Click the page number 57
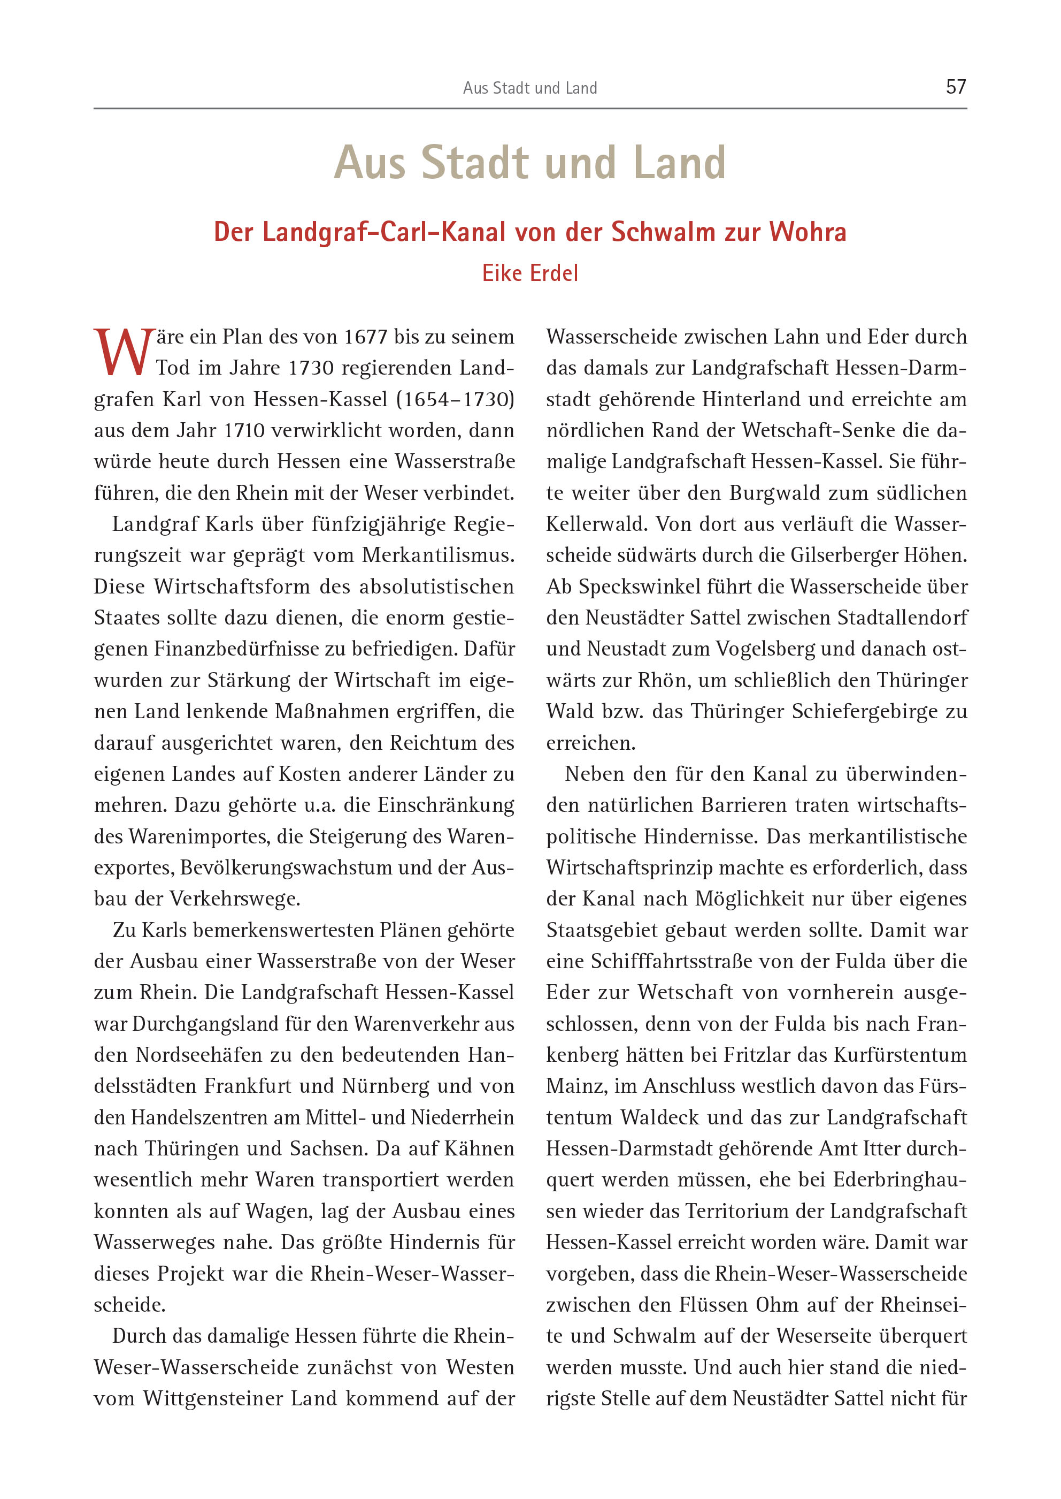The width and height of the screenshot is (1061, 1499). click(x=955, y=87)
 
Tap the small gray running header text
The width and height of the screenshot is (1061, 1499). click(x=530, y=88)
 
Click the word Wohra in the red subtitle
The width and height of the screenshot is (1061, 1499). click(x=808, y=232)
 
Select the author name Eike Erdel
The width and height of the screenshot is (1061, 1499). click(x=530, y=273)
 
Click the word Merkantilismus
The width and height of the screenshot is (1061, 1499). click(x=438, y=556)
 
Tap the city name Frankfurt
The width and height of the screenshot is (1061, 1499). click(x=248, y=1086)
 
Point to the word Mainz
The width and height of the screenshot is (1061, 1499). click(x=577, y=1086)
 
